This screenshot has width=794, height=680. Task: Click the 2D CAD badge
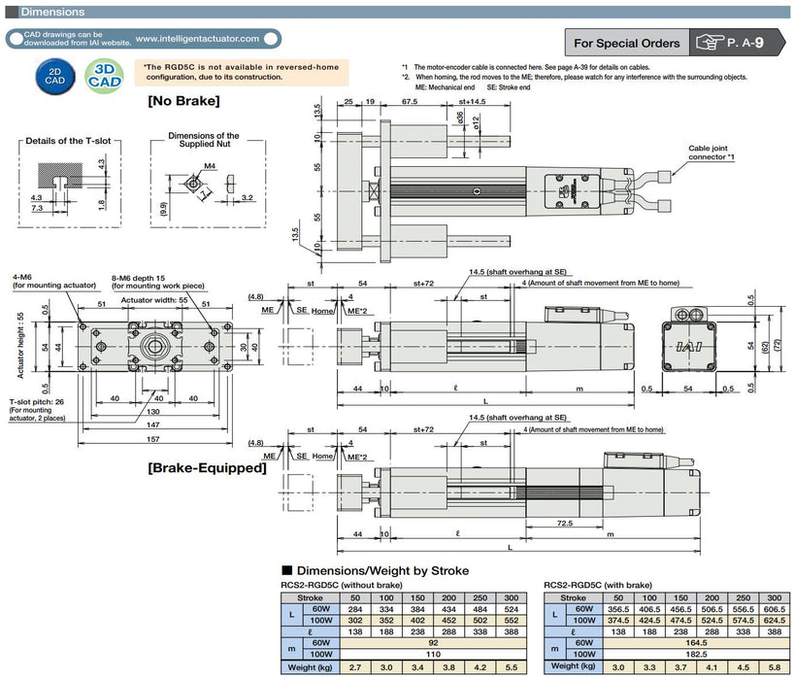58,75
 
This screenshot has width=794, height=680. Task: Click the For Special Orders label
625,43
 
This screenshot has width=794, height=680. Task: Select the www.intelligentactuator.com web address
198,39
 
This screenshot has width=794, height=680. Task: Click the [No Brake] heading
183,100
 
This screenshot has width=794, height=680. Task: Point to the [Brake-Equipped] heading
207,468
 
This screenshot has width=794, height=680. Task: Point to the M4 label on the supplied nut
210,167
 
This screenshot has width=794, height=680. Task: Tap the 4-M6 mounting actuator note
53,282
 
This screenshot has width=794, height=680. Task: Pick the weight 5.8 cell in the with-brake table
774,666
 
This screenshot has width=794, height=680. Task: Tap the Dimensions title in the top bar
52,13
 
